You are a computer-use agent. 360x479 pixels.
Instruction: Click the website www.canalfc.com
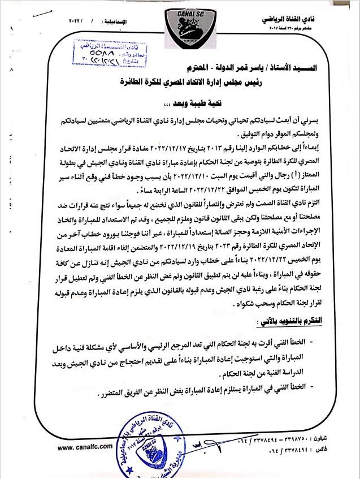[81, 447]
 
